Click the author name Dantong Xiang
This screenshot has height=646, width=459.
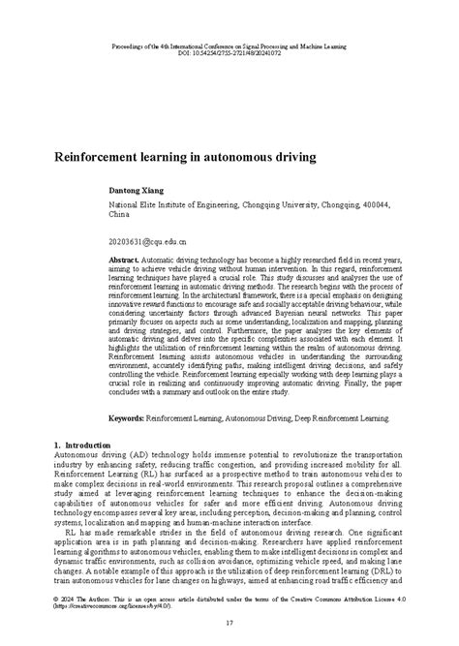tap(135, 193)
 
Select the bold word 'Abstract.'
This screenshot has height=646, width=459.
tap(124, 262)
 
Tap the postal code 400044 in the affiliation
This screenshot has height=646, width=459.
tap(373, 205)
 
